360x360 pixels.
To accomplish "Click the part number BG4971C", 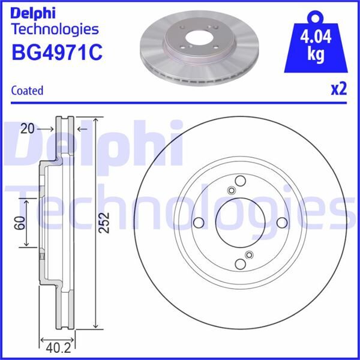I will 57,52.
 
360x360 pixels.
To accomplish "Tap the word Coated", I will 28,91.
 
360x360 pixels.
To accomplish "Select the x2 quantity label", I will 340,89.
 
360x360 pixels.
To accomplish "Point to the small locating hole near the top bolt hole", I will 232,191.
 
